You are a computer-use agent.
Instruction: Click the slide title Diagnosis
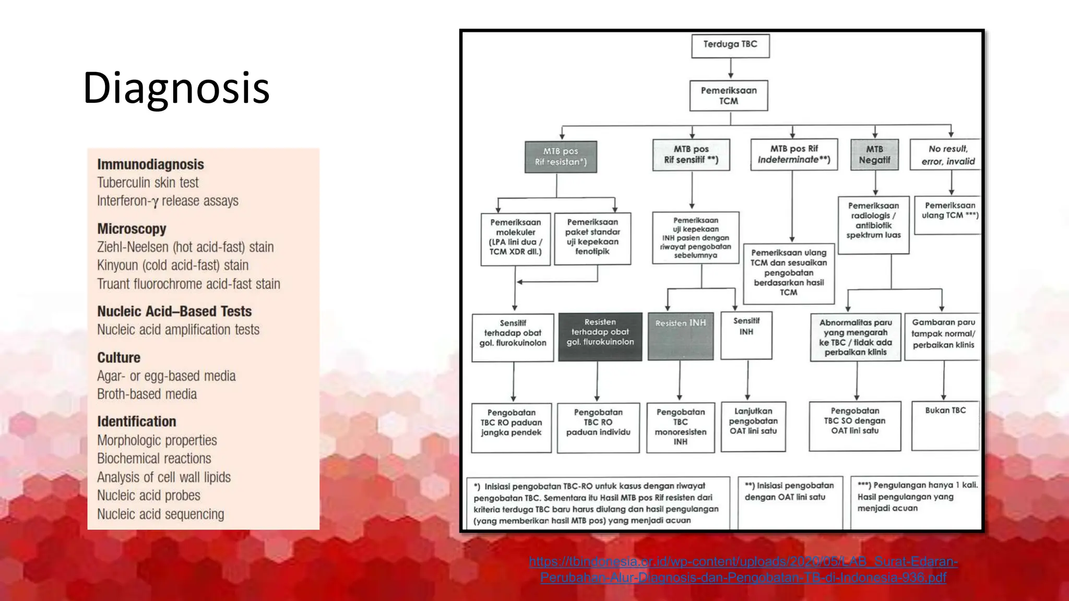pyautogui.click(x=176, y=88)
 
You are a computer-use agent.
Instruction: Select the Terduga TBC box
pyautogui.click(x=730, y=45)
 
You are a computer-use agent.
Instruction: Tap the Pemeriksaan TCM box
pyautogui.click(x=729, y=95)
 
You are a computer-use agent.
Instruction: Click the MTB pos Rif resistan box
pyautogui.click(x=561, y=157)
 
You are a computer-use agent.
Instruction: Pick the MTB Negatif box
pyautogui.click(x=874, y=154)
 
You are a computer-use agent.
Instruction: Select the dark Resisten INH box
pyautogui.click(x=680, y=336)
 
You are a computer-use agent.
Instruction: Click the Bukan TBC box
pyautogui.click(x=945, y=425)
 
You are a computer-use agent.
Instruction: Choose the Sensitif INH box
pyautogui.click(x=746, y=335)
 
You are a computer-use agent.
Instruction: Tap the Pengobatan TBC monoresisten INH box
pyautogui.click(x=680, y=427)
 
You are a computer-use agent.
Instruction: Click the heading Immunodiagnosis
pyautogui.click(x=150, y=164)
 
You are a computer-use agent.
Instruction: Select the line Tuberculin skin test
pyautogui.click(x=148, y=183)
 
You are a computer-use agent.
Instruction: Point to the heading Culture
pyautogui.click(x=118, y=357)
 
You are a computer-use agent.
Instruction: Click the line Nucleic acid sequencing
pyautogui.click(x=160, y=514)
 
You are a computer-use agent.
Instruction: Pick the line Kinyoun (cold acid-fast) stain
pyautogui.click(x=172, y=265)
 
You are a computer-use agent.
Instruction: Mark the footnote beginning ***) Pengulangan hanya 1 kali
pyautogui.click(x=917, y=497)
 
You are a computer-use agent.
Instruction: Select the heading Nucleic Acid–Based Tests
pyautogui.click(x=174, y=311)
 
